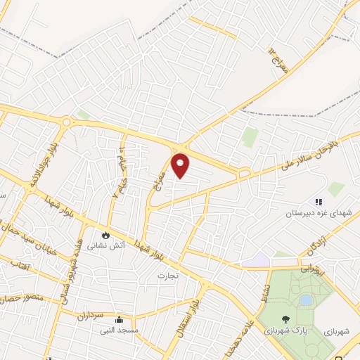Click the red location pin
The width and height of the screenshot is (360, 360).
coord(181,166)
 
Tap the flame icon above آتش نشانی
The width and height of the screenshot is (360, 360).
coord(105,235)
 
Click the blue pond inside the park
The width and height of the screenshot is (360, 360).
coord(306,300)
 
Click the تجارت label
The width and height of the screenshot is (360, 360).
coord(168,275)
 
